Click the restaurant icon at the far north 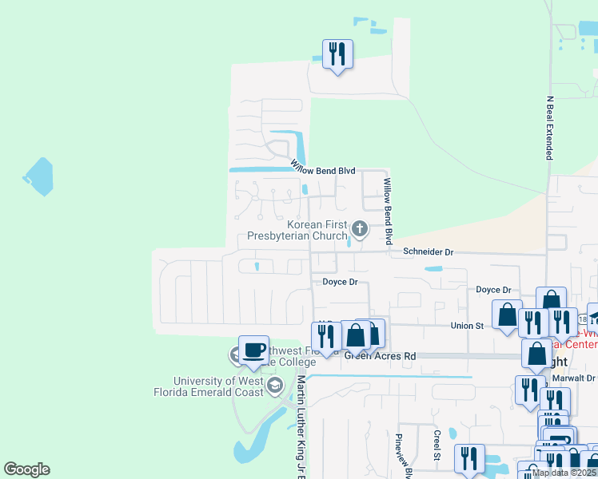337,54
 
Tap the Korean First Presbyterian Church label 309,231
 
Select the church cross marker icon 360,230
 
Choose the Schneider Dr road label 428,251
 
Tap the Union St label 468,325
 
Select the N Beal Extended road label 549,129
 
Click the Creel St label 437,445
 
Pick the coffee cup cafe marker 253,350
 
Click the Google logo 26,469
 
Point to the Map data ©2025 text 564,473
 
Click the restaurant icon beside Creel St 468,458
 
